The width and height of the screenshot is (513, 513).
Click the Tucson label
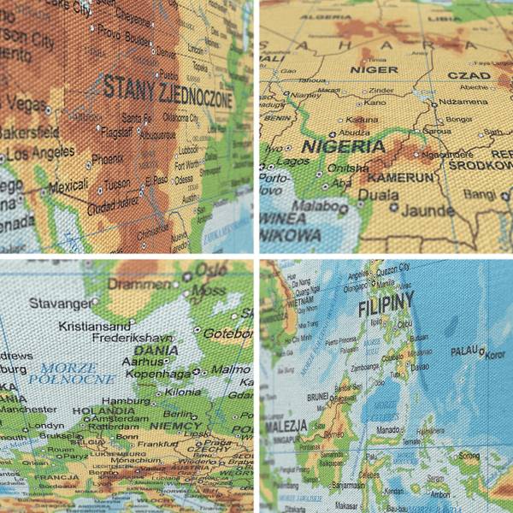(x=119, y=183)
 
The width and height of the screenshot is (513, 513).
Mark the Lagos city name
(x=295, y=160)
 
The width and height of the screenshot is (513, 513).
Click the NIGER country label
(x=370, y=71)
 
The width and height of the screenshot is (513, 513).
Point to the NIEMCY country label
(x=175, y=425)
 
